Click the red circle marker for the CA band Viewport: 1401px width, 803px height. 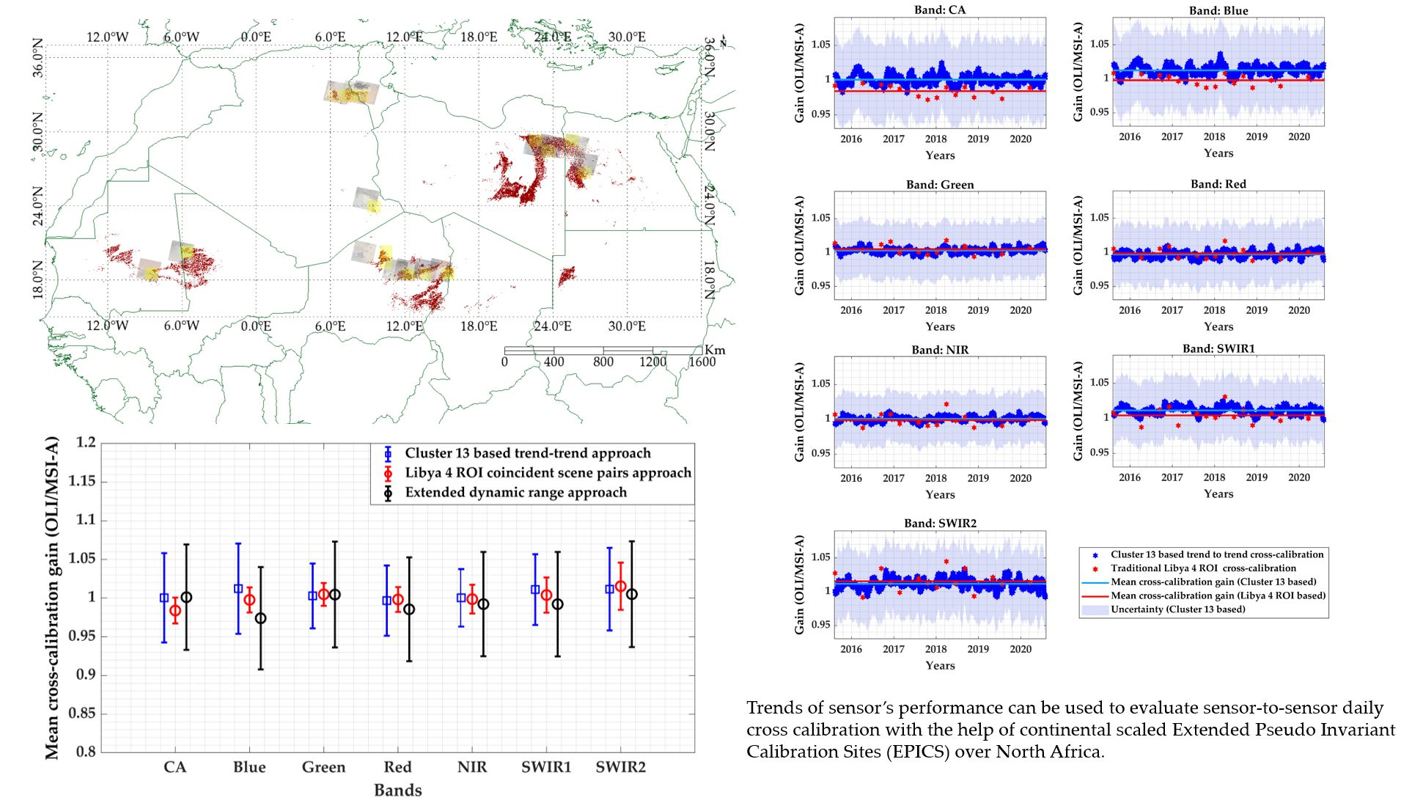(175, 610)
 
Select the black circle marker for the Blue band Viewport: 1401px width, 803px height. (261, 618)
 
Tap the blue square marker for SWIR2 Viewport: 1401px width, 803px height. (609, 589)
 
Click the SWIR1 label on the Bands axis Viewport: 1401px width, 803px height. (546, 767)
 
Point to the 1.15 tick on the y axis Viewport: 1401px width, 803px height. (81, 481)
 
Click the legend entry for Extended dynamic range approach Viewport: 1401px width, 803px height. (515, 493)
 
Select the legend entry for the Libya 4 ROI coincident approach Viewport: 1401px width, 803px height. (548, 473)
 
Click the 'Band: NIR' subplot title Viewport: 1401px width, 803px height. (940, 350)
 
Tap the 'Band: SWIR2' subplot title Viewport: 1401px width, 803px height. (940, 523)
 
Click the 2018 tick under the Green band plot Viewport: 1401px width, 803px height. (935, 310)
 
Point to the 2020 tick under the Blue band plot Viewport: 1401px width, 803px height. (1298, 136)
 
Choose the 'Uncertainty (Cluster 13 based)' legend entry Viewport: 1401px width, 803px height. (1177, 609)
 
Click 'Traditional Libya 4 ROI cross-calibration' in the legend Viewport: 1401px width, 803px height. (1202, 568)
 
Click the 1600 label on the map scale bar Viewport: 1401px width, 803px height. (702, 362)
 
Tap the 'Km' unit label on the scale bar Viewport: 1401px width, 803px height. (715, 350)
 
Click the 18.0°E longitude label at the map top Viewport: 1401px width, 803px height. (479, 37)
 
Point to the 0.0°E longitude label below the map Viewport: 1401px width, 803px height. (256, 326)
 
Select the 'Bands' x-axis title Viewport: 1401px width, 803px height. (397, 791)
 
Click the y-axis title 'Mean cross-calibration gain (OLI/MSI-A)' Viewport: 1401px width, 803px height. (51, 598)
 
